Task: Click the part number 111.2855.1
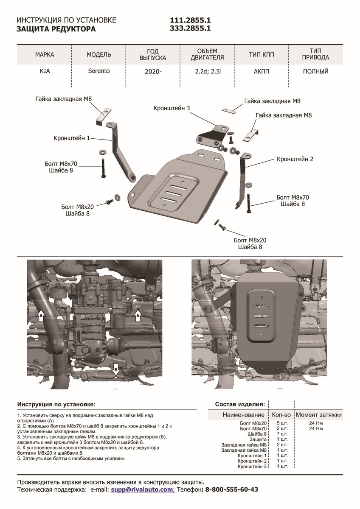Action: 190,20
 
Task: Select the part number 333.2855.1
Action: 190,29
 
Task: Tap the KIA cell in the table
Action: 45,71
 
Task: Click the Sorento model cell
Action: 99,71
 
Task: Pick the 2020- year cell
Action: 153,72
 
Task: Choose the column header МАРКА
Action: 45,55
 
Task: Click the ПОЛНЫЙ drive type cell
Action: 315,71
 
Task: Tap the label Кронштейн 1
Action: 72,138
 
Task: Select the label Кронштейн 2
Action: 295,159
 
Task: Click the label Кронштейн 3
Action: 172,109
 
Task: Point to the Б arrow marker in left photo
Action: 116,370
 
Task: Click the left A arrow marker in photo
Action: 41,316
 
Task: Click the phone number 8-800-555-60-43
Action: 231,489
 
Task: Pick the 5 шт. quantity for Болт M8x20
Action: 282,423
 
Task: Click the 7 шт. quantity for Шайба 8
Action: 282,434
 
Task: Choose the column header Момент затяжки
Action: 318,415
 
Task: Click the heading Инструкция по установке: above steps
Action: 56,404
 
